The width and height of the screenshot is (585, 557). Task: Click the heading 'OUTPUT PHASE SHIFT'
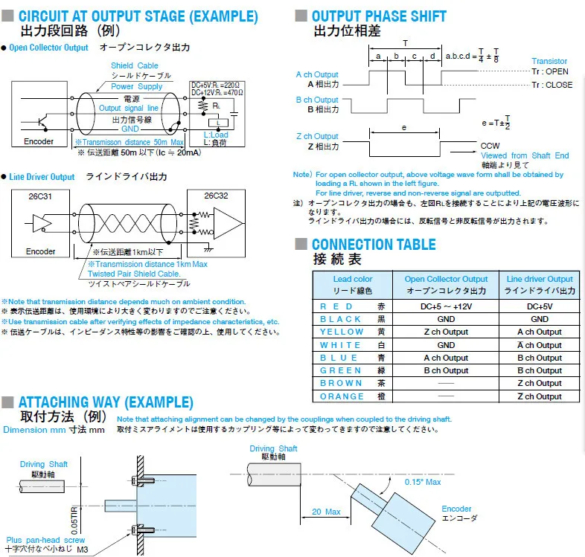point(379,16)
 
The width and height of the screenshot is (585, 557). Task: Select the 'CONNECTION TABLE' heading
point(374,245)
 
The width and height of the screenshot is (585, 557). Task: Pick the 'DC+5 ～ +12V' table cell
point(446,306)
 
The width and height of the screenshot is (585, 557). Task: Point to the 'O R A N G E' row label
point(342,396)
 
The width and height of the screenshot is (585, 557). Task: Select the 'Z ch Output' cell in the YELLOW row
point(446,332)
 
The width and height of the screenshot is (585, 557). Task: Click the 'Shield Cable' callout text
point(135,65)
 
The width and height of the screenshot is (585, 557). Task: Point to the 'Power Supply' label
point(137,86)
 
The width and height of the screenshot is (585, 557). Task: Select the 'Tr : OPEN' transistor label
point(551,71)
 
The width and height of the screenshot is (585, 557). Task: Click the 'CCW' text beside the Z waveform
point(490,145)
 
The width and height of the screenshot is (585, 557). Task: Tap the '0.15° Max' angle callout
point(423,482)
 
